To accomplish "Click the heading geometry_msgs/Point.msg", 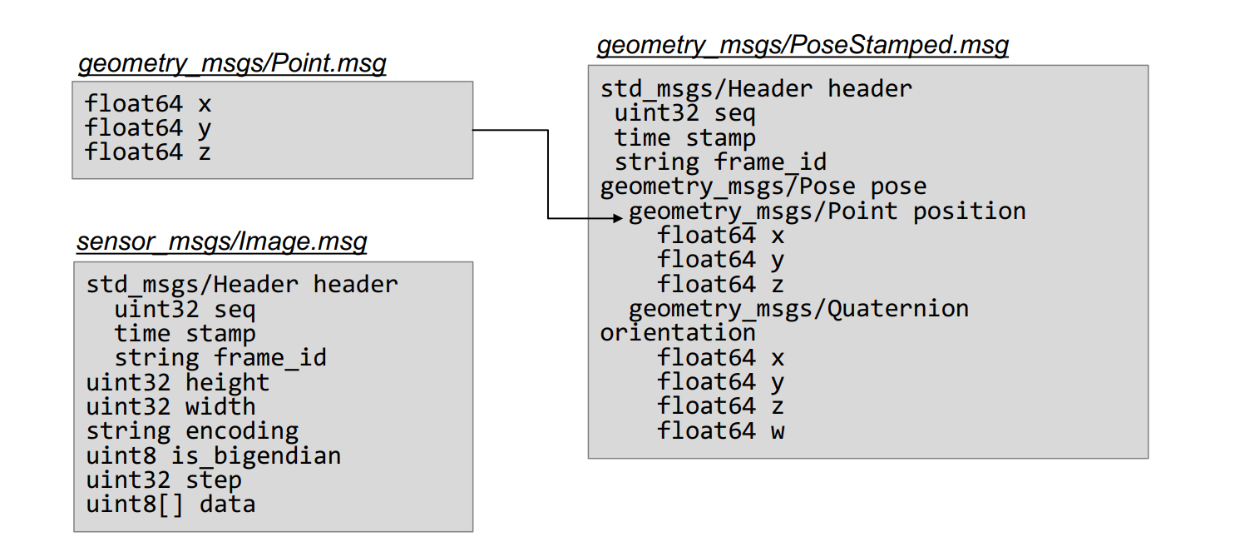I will [x=232, y=64].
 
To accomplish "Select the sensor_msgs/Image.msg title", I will [x=221, y=242].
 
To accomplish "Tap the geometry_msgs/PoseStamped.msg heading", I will [x=803, y=45].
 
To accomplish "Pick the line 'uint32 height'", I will [x=178, y=383].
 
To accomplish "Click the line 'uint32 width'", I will [x=170, y=407].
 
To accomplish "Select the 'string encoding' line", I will [x=192, y=431].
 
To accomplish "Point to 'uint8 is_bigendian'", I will [x=214, y=456].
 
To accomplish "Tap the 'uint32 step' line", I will [x=164, y=480].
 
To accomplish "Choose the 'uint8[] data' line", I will [x=170, y=505].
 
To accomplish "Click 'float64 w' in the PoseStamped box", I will [x=721, y=431].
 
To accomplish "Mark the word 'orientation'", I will [x=678, y=333].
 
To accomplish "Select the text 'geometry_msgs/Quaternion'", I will [x=798, y=309].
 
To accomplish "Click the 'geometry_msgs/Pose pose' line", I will [x=763, y=186].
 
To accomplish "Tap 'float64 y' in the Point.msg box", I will [x=148, y=129].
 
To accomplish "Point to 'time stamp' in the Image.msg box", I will [x=185, y=334].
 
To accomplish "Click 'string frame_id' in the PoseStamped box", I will [x=720, y=162].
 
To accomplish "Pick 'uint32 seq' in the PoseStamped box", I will [x=684, y=113].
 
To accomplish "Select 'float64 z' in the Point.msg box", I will [x=148, y=153].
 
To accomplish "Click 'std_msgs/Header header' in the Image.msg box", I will [x=242, y=285].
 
